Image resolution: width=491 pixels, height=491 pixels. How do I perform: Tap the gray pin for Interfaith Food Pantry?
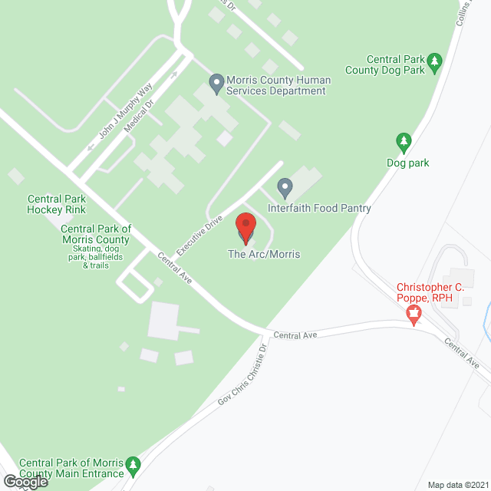pos(285,187)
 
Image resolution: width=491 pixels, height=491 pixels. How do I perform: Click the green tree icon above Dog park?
pos(404,142)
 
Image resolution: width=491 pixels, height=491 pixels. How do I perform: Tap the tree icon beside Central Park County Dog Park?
pos(434,61)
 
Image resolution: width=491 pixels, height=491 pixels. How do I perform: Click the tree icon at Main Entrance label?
pos(133,466)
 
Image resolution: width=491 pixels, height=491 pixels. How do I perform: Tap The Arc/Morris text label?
pos(264,254)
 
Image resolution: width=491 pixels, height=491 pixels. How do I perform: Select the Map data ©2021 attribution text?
pos(459,485)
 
